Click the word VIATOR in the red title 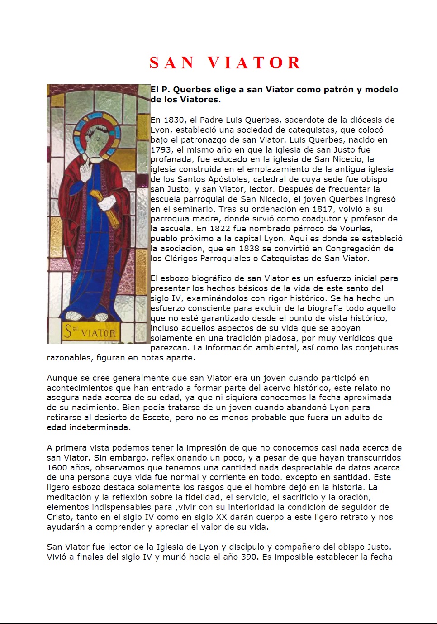(x=255, y=63)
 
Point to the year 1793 (x=161, y=150)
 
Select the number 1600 (x=57, y=468)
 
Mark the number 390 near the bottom (x=249, y=557)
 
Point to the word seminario (x=188, y=209)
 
